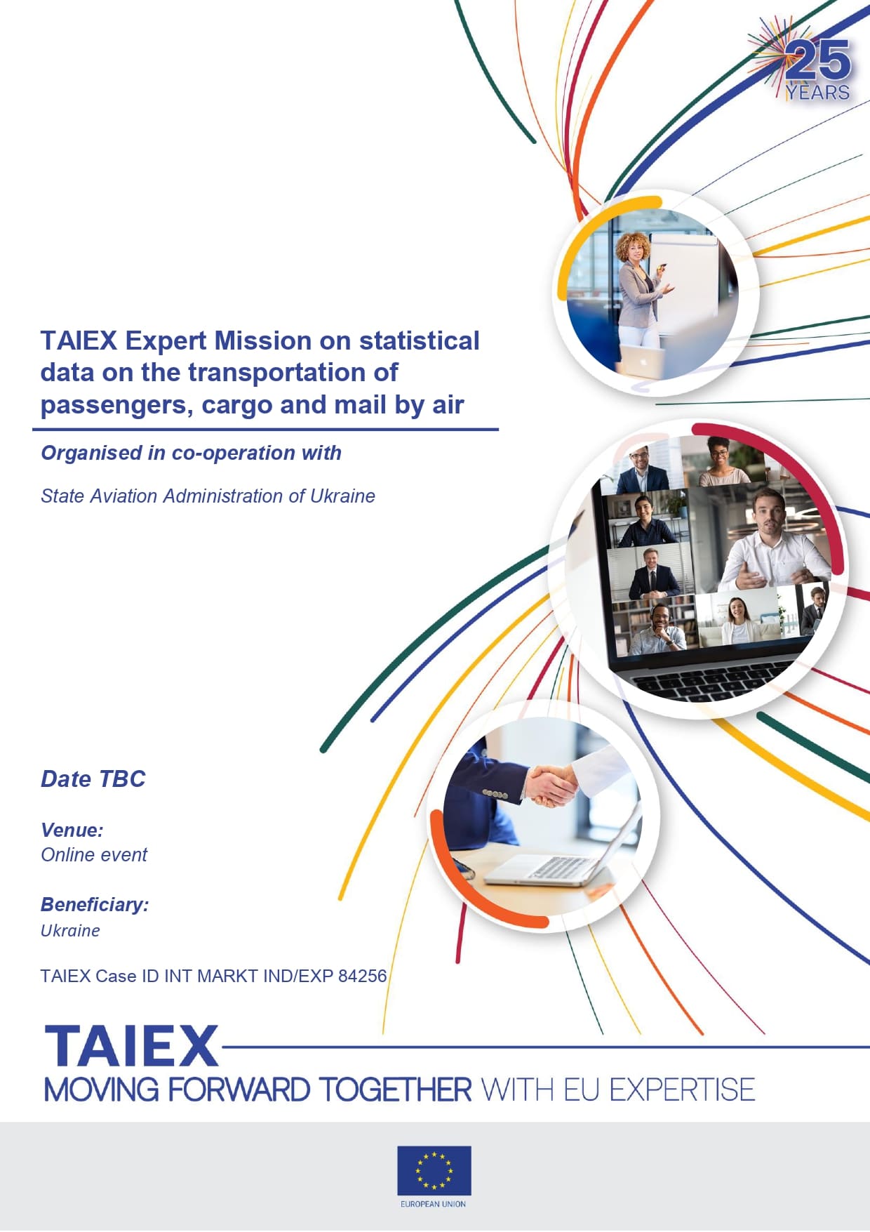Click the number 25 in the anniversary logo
[818, 60]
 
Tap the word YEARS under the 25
[817, 92]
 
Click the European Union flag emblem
[434, 1170]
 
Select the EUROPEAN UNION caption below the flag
[434, 1204]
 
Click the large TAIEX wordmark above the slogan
[132, 1046]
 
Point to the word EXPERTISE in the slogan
[682, 1090]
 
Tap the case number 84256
[362, 976]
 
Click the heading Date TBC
[93, 779]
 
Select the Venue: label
[72, 830]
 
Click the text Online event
[94, 854]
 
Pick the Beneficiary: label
[95, 905]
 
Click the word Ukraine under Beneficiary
[70, 930]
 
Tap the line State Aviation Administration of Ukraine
[208, 496]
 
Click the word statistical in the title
[420, 340]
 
